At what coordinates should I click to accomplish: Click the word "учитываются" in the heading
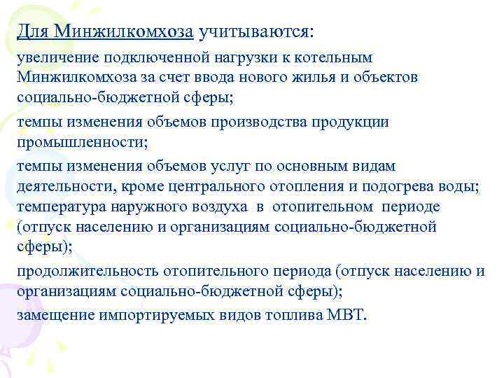click(256, 31)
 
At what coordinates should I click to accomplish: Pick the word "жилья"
click(302, 77)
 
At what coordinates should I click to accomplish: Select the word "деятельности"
click(62, 185)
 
